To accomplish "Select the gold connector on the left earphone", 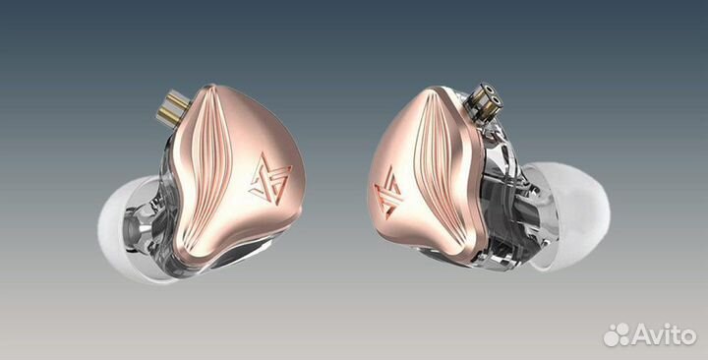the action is (171, 108).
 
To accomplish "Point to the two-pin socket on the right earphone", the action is (482, 101).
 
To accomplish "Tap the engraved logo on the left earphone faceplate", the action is (270, 179).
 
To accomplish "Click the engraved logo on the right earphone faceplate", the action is (388, 192).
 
